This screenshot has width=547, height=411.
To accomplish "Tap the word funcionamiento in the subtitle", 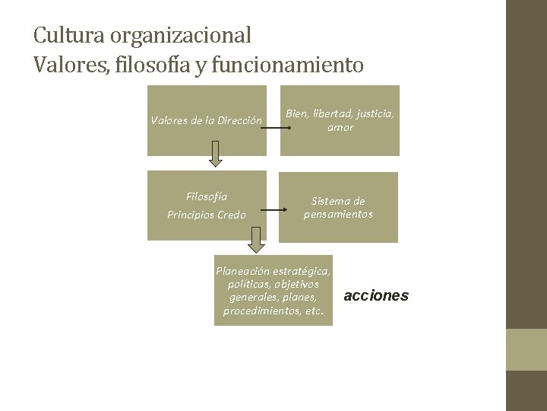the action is tap(288, 66).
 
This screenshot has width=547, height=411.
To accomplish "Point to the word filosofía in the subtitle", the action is tap(153, 66).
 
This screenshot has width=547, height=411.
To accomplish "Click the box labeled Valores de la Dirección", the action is tap(207, 120).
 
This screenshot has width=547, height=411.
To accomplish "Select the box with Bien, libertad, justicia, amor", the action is tap(340, 120).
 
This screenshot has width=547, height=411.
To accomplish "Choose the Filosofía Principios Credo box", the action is tap(207, 206).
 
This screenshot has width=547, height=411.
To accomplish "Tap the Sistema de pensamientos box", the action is tap(339, 207).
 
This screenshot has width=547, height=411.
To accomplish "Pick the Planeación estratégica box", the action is tap(273, 290).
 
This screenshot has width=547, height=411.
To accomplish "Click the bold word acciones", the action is tap(376, 295).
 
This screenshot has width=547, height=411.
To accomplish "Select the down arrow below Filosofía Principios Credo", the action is tap(256, 239).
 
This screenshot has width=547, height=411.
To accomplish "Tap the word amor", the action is tap(340, 127).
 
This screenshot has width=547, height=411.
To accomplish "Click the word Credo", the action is tap(232, 215).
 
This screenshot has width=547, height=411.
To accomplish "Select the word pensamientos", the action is tap(339, 214).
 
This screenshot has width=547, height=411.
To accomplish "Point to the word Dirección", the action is tap(240, 120).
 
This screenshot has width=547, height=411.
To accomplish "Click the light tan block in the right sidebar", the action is tap(526, 349).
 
